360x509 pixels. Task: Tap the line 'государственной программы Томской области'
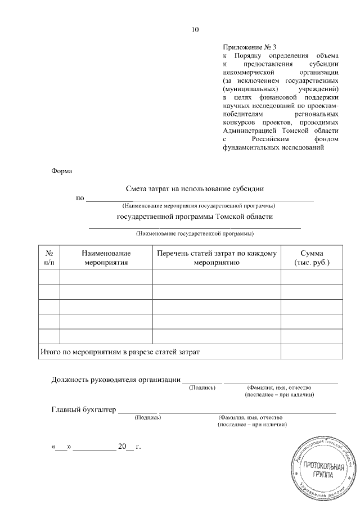(195, 217)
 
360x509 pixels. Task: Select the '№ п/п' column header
(49, 258)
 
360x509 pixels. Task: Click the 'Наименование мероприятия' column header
(106, 258)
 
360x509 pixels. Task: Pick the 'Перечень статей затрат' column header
(217, 258)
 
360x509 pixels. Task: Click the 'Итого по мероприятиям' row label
(120, 352)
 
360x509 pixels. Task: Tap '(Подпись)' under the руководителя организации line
(202, 388)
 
